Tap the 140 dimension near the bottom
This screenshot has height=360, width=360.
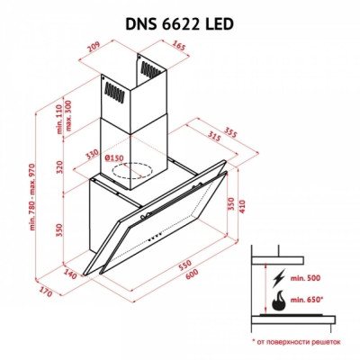pyautogui.click(x=68, y=270)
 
